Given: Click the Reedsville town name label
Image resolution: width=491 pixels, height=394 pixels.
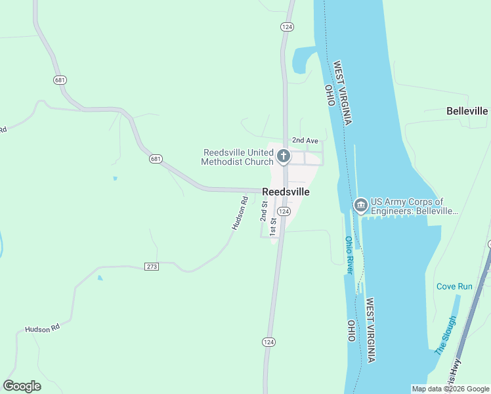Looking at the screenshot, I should (x=286, y=192).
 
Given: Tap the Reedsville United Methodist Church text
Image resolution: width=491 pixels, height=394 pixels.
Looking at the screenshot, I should (x=237, y=157).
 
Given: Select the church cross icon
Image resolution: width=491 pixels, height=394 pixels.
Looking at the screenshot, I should (x=284, y=156).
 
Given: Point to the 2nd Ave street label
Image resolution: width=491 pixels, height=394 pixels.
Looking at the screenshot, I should (x=305, y=141).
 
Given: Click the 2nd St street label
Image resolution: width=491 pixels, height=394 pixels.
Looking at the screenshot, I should (x=264, y=211).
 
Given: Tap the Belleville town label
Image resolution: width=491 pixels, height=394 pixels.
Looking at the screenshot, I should (x=467, y=111).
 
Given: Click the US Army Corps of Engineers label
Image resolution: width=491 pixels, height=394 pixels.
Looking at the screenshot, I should (x=414, y=206).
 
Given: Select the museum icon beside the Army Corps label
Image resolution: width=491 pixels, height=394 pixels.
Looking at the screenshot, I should (x=360, y=206).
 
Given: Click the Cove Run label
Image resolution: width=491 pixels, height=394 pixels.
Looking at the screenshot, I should (x=454, y=286).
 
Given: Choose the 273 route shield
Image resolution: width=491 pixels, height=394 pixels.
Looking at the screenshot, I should (x=152, y=267).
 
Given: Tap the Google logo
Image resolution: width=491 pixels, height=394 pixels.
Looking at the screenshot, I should (x=22, y=386).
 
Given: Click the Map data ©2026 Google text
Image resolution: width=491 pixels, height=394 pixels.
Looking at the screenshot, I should (x=450, y=389).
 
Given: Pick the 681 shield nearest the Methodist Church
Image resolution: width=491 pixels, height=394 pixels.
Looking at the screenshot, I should (x=156, y=159).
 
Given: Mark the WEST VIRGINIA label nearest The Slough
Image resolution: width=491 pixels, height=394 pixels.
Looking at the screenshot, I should (x=371, y=330).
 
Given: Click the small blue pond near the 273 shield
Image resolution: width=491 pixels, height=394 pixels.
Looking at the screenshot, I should (x=99, y=278).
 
